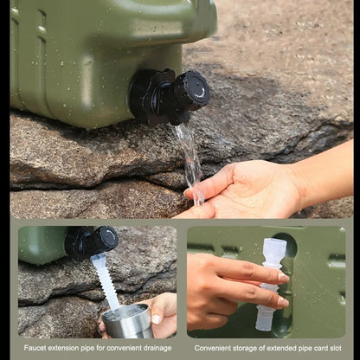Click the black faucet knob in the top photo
click(x=190, y=89)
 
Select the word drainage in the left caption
click(x=159, y=347)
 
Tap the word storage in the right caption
click(x=252, y=347)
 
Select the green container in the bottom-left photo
click(x=41, y=244)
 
